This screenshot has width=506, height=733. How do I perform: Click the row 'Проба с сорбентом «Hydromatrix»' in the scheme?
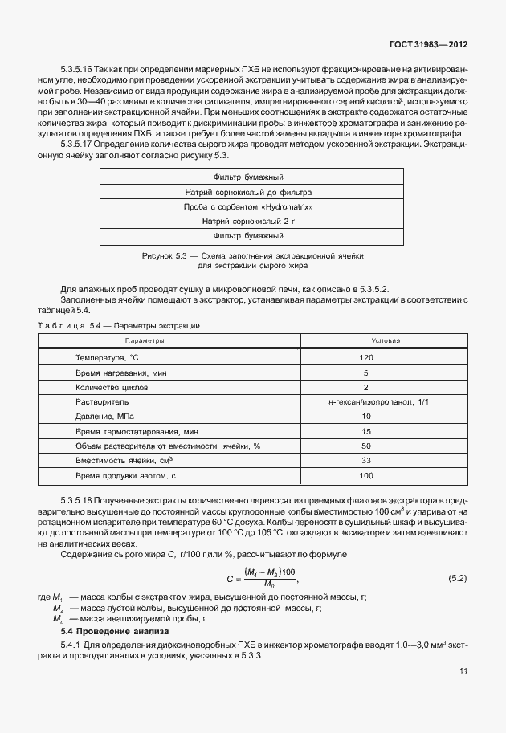(248, 207)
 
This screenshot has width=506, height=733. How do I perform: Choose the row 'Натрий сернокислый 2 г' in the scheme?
(248, 221)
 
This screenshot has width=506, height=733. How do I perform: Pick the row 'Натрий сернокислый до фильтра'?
(248, 193)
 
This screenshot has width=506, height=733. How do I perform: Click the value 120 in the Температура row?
(367, 356)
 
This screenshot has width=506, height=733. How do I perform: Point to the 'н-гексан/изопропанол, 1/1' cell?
(367, 401)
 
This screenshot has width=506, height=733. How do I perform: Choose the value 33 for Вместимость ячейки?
(367, 460)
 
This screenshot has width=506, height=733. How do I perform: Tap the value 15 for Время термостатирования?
(367, 431)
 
